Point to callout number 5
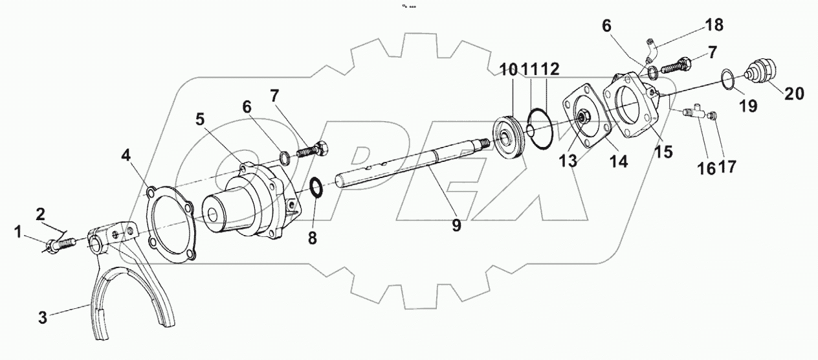point(201,119)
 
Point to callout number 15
point(663,152)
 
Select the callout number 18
point(714,25)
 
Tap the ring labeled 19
point(729,80)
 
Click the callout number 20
point(795,93)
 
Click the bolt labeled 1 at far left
point(60,244)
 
